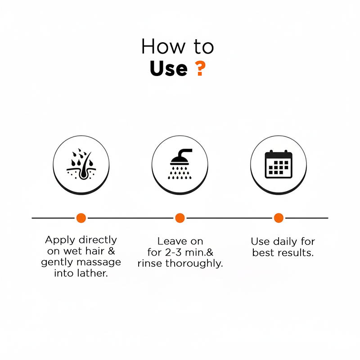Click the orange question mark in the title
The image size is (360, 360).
point(200,68)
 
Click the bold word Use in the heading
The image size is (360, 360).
point(168,68)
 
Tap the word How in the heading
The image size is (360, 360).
point(163,46)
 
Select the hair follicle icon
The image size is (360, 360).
point(81,164)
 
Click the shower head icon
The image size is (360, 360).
point(180,164)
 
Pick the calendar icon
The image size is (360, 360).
point(279,164)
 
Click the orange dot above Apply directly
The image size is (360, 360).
point(81,218)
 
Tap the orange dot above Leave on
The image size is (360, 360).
point(180,218)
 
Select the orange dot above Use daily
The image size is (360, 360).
point(279,218)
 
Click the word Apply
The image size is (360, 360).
point(60,240)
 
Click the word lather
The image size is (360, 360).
point(92,273)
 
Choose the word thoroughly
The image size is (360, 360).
point(194,264)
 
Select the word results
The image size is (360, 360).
point(296,253)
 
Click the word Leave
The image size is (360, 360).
point(172,241)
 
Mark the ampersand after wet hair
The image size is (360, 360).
point(111,251)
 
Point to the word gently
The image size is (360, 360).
point(57,262)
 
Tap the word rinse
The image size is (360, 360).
point(150,263)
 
